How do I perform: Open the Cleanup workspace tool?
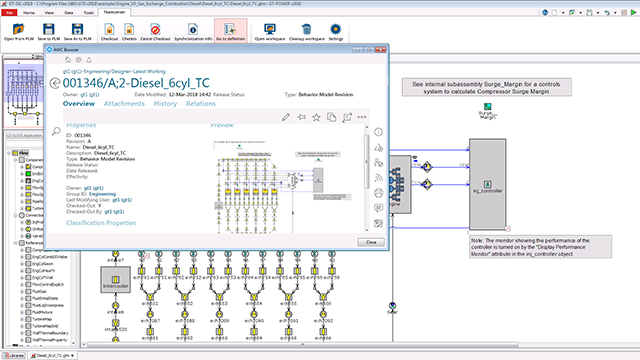coord(306,30)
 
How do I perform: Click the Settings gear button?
coord(336,30)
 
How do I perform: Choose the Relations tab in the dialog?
coord(201,103)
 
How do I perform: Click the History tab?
coord(166,103)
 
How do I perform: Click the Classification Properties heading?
coord(101,222)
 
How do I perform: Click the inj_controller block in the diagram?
coord(494,185)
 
